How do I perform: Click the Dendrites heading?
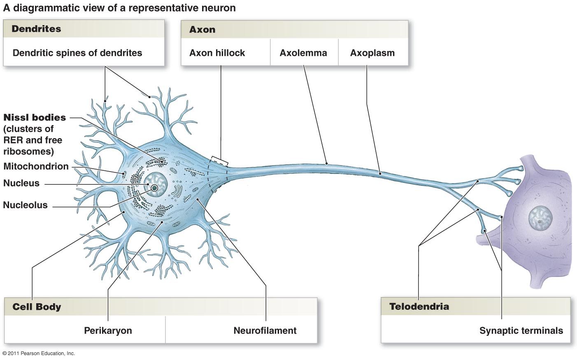tap(36, 29)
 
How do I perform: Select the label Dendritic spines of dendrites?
tap(77, 53)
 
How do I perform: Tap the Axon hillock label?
tap(217, 53)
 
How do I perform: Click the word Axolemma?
tap(303, 53)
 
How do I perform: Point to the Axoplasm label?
tap(372, 53)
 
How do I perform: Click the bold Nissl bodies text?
tap(35, 118)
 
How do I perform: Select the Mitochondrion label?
tap(36, 166)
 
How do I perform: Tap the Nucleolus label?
tap(26, 205)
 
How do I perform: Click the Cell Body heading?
tap(37, 307)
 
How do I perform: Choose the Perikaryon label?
tap(108, 330)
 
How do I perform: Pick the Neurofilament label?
tap(265, 330)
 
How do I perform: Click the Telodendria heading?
tap(419, 307)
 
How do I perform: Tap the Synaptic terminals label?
tap(521, 330)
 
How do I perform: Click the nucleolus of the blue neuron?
tap(155, 188)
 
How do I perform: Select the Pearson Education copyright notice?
tap(39, 353)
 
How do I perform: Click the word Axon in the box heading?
tap(202, 30)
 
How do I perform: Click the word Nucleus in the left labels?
tap(21, 183)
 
